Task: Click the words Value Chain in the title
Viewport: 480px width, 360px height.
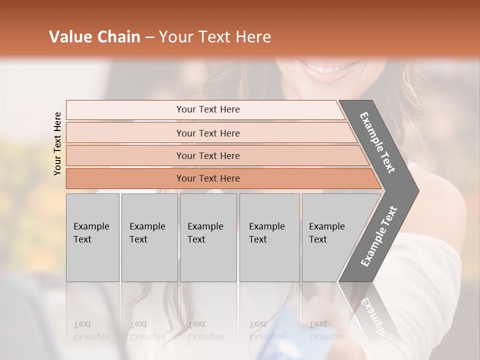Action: (x=94, y=37)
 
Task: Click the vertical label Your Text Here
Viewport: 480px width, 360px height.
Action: (x=57, y=143)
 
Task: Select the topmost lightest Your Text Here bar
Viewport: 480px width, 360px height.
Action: (x=208, y=109)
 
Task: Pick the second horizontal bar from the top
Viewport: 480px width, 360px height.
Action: (x=208, y=133)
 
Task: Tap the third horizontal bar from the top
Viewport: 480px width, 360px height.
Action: (x=208, y=155)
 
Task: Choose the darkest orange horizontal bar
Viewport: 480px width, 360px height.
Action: (x=208, y=178)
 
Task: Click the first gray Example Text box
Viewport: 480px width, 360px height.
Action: (x=92, y=237)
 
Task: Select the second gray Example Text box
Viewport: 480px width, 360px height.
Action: (x=149, y=237)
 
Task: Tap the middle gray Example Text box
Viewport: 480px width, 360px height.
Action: (x=208, y=237)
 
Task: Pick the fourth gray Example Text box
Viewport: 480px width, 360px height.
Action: (x=269, y=237)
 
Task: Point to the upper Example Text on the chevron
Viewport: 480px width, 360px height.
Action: (x=377, y=142)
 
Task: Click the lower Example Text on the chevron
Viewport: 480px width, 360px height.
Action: (x=379, y=236)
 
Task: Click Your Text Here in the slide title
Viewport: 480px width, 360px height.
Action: (x=215, y=37)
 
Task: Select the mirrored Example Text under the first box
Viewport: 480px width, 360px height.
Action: (x=91, y=330)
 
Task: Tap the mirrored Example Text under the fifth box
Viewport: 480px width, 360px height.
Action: (x=326, y=330)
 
